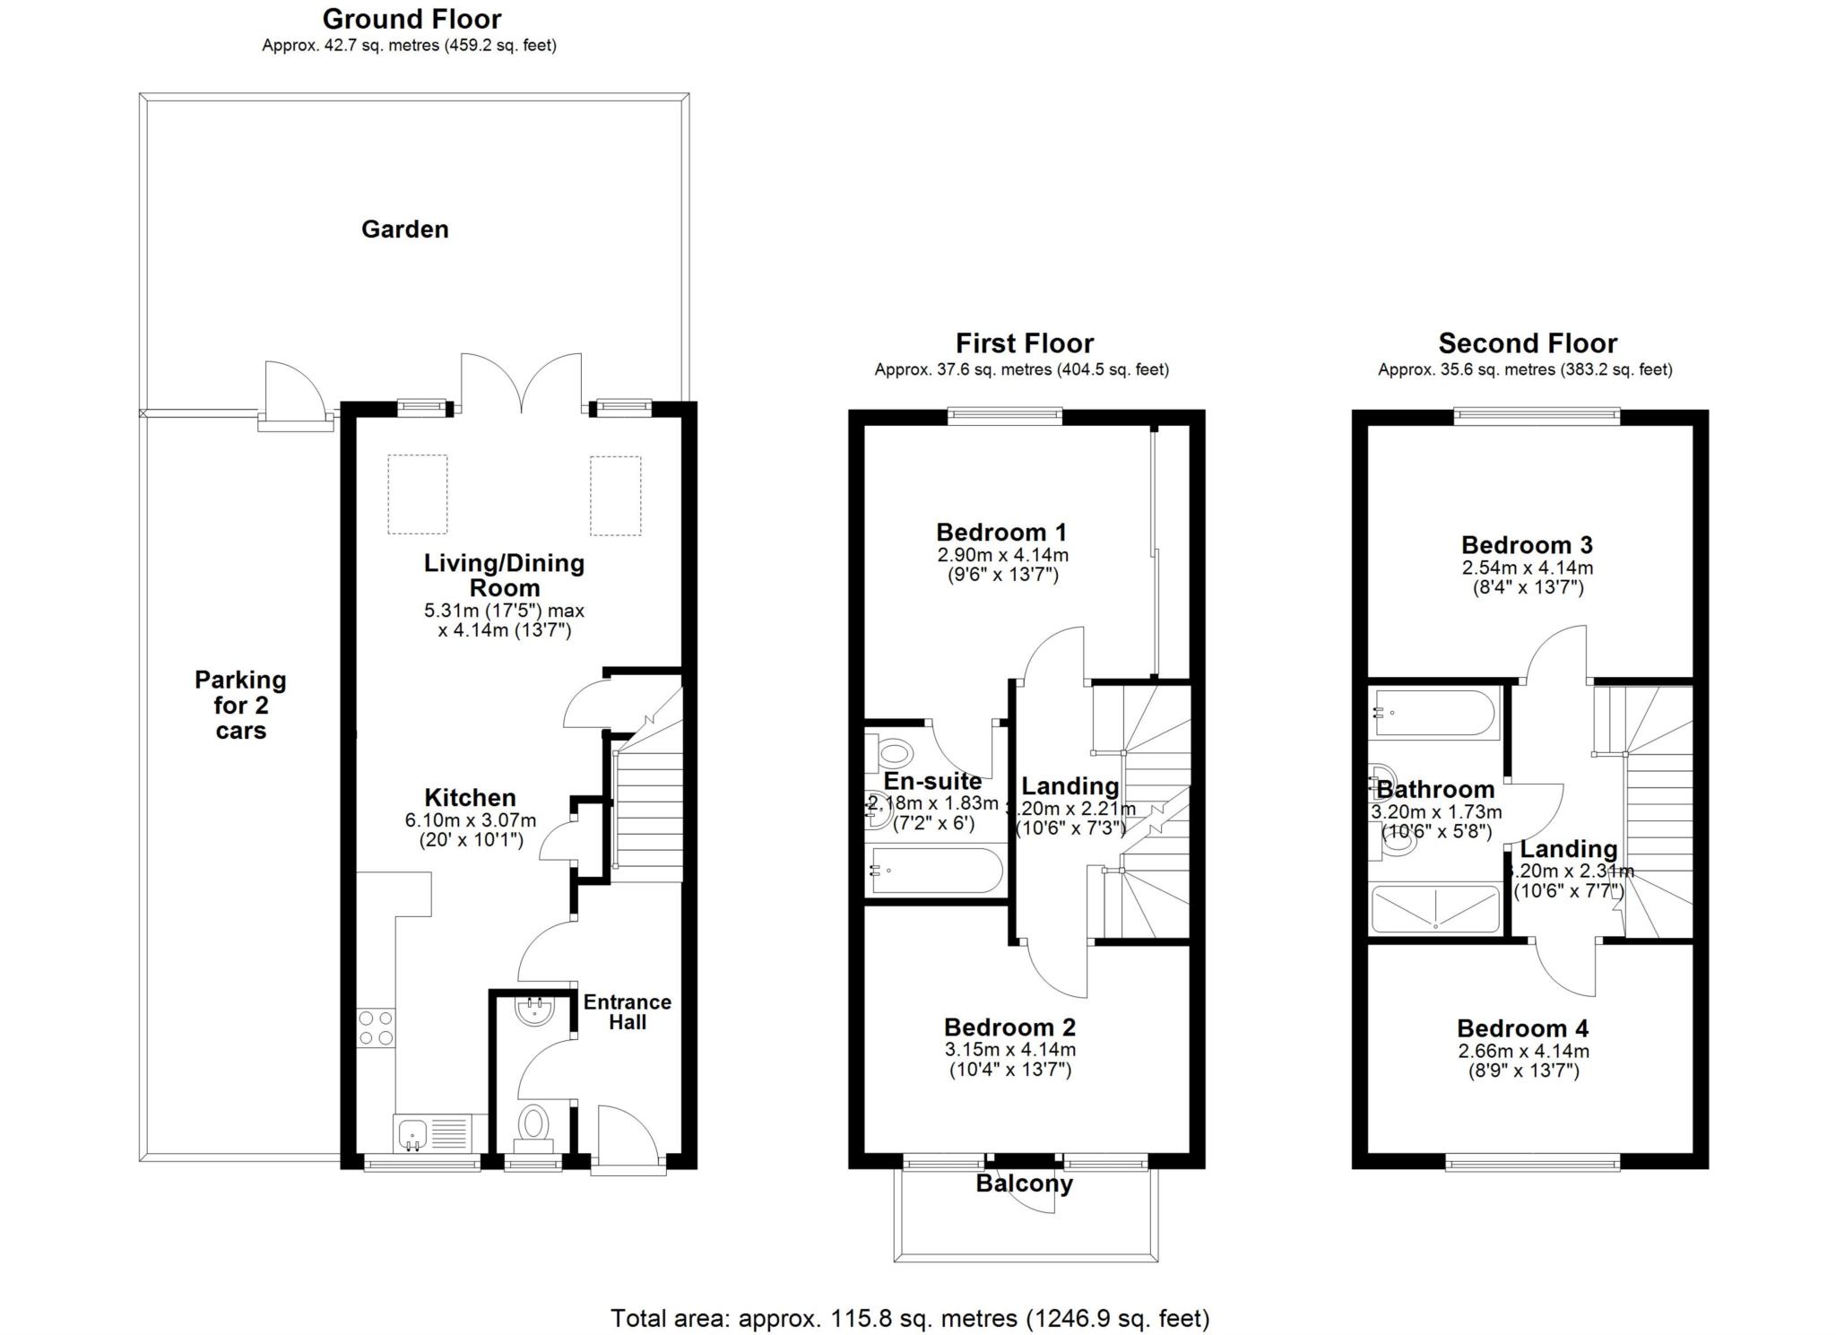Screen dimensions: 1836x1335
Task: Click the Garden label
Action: coord(404,230)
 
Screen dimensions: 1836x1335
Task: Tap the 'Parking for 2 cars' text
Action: coord(240,705)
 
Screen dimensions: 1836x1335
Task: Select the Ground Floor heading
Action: coord(411,19)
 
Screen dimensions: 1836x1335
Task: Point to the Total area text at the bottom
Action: coord(910,1318)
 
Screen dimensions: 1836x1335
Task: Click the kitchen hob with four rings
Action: coord(376,1027)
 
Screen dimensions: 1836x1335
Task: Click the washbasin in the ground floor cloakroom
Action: coord(535,1010)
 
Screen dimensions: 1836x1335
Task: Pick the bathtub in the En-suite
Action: coord(936,871)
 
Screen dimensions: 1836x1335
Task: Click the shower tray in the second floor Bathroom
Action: coord(1435,909)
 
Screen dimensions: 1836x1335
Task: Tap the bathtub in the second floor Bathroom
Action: coord(1433,714)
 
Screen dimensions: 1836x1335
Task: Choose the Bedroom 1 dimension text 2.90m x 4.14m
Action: coord(1002,555)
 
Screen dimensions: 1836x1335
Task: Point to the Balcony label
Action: coord(1024,1183)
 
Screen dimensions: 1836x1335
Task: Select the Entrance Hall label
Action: coord(627,1012)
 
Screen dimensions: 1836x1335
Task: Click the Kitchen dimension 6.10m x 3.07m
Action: coord(470,819)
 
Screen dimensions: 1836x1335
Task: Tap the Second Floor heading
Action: coord(1528,343)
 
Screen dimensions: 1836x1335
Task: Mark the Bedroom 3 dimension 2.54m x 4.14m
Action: coord(1528,568)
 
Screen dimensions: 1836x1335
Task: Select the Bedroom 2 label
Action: coord(1009,1027)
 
